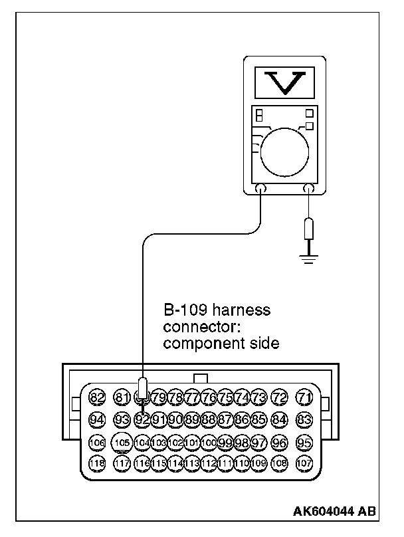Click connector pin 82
(97, 398)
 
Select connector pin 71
(304, 398)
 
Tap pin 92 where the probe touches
(142, 419)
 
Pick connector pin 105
(121, 441)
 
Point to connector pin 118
(97, 463)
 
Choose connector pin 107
(304, 463)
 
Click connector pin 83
(304, 419)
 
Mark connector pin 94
(97, 419)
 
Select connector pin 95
(304, 441)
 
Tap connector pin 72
(280, 398)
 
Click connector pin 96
(280, 441)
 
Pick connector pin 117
(121, 463)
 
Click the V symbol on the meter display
(284, 81)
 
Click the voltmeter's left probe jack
(260, 189)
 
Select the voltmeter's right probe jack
(308, 189)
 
